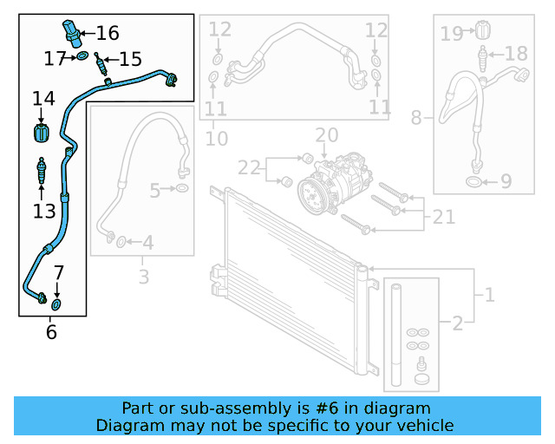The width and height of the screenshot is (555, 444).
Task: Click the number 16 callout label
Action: point(108,34)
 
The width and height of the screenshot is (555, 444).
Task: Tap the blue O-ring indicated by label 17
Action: point(82,57)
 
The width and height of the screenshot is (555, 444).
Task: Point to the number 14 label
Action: point(43,100)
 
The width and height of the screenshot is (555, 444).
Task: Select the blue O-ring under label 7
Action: point(57,304)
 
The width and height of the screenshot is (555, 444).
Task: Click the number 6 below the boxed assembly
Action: point(51,331)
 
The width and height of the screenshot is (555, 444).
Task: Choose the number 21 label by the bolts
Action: point(444,217)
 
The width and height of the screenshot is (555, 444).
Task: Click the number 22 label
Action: point(249,166)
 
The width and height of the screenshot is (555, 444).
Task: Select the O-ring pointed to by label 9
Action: point(474,182)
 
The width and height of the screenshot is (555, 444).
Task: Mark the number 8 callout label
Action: point(416,117)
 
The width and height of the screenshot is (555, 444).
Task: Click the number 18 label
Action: point(516,54)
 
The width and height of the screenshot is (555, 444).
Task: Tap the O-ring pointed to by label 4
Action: point(121,240)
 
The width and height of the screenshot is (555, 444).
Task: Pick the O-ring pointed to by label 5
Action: point(181,188)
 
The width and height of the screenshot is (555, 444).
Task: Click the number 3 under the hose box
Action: point(143,277)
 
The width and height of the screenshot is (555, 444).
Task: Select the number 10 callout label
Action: point(216,138)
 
